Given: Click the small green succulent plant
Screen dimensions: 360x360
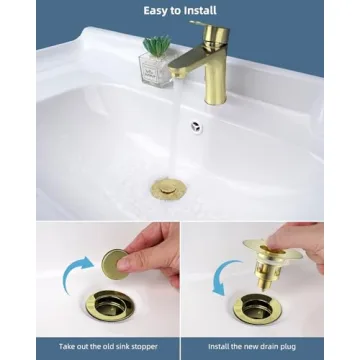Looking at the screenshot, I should pyautogui.click(x=157, y=46).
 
